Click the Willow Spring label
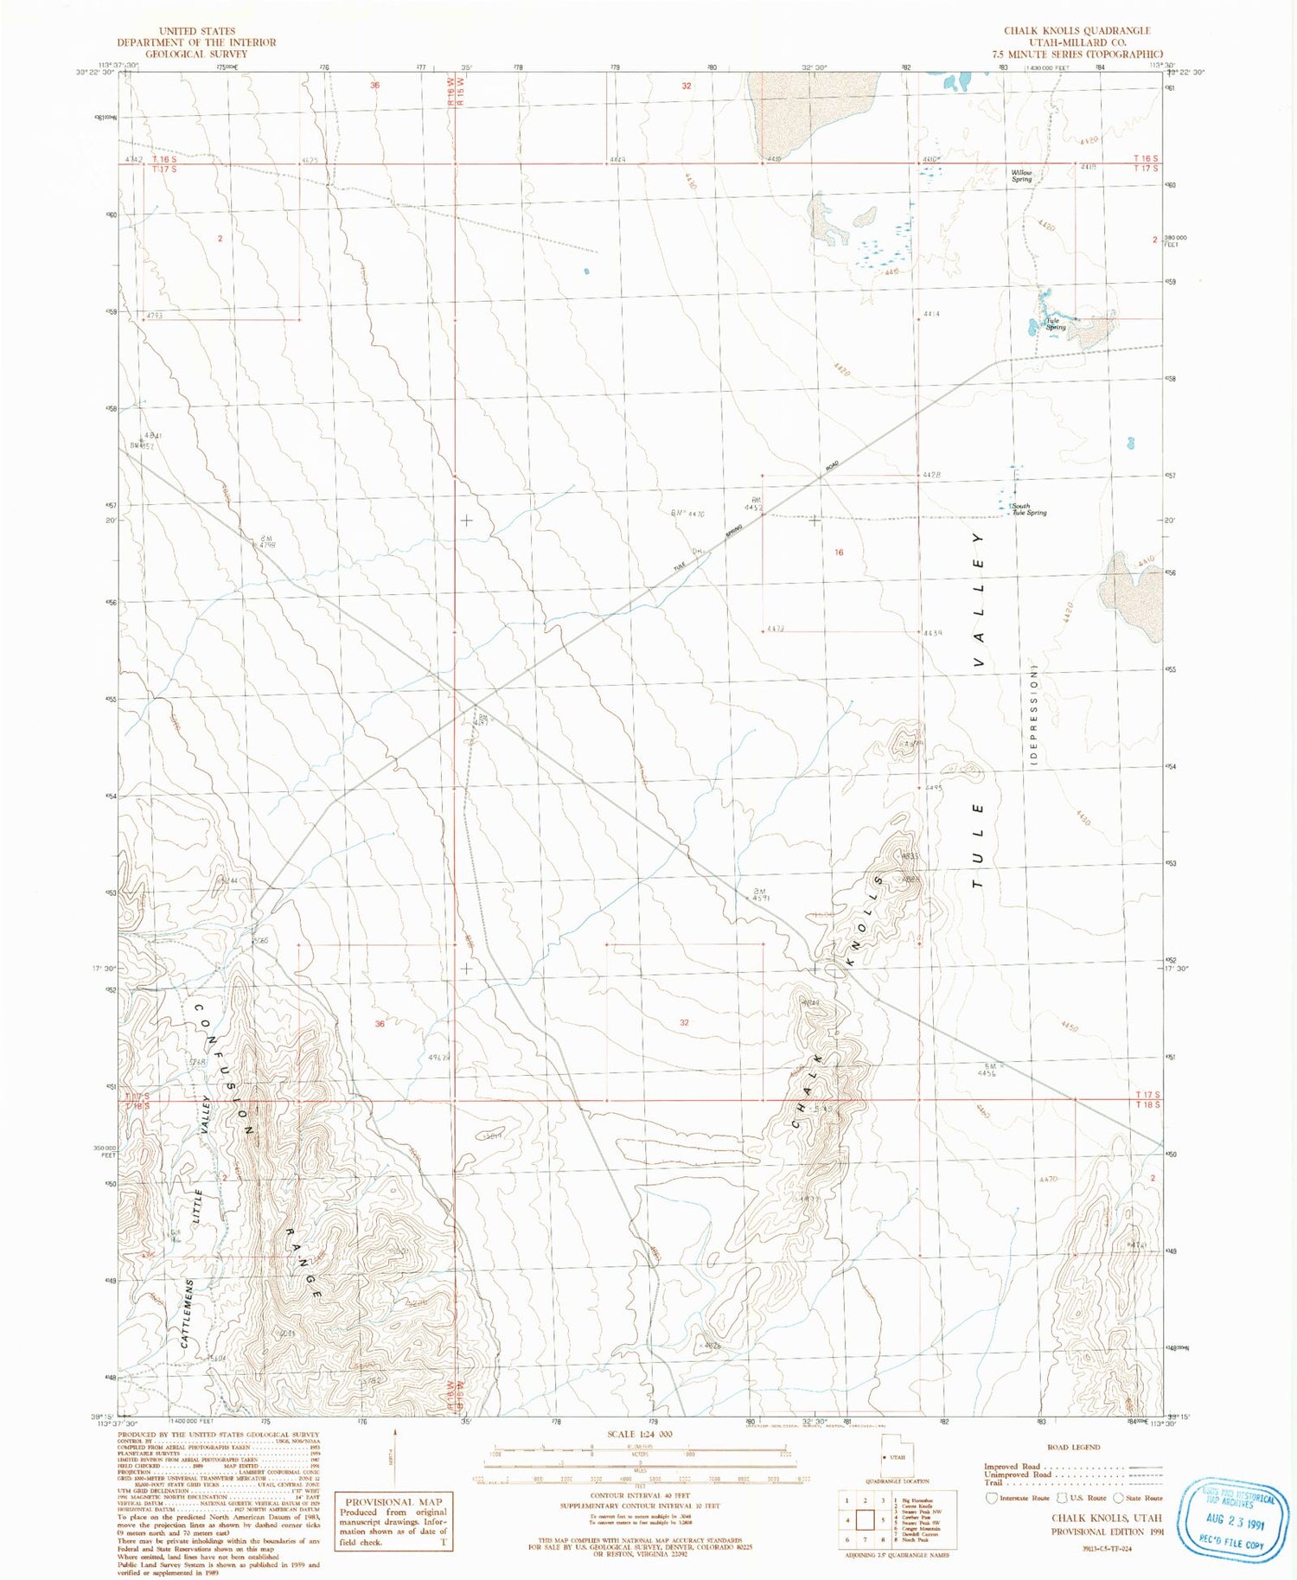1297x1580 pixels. point(1022,176)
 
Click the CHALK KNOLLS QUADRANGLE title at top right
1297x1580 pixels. point(1077,30)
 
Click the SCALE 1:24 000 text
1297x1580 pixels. point(640,1434)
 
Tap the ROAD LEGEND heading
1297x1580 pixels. point(1073,1447)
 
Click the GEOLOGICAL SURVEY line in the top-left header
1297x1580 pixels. point(196,54)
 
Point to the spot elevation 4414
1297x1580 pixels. point(930,314)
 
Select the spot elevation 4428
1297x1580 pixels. point(930,475)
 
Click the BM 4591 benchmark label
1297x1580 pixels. point(761,894)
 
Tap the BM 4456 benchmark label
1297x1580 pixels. point(987,1070)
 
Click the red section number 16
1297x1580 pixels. point(839,552)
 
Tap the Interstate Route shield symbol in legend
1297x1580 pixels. point(992,1498)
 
